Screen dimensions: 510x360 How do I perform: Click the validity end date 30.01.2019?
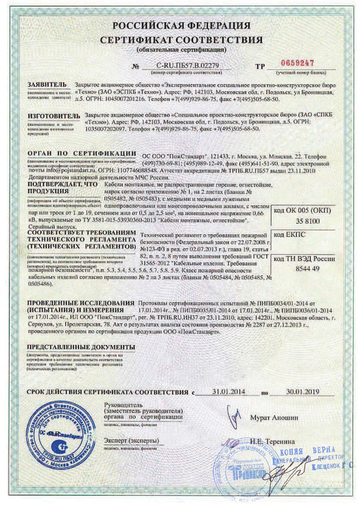click(x=301, y=390)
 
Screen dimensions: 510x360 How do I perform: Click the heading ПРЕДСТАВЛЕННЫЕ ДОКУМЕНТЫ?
click(x=80, y=347)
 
